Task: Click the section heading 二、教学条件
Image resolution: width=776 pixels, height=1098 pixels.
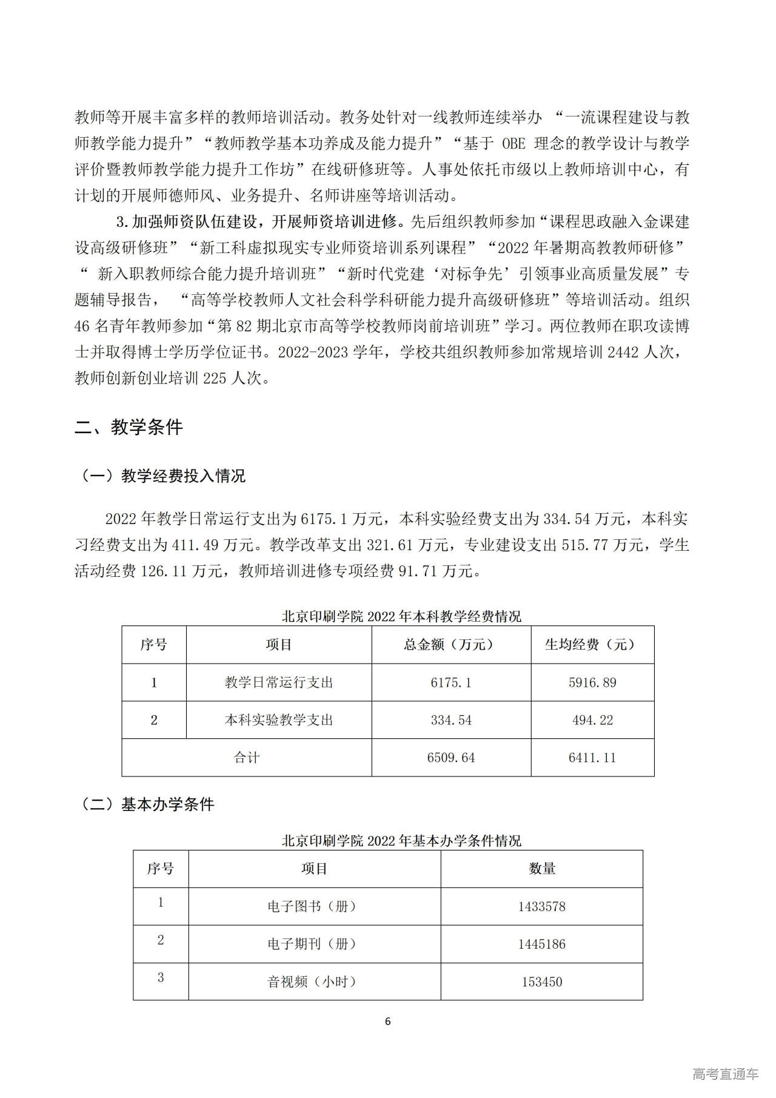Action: click(129, 428)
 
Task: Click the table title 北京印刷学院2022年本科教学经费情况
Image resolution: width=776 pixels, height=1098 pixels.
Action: click(401, 616)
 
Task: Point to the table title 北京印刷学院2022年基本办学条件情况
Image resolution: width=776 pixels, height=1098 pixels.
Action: click(401, 841)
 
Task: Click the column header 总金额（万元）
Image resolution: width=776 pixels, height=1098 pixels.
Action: click(450, 644)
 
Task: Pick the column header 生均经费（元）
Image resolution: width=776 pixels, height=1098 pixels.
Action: click(592, 644)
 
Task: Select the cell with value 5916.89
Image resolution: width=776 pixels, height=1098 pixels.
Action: click(592, 682)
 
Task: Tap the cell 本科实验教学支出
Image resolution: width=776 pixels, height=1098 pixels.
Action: click(279, 720)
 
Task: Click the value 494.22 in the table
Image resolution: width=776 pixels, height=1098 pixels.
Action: click(592, 720)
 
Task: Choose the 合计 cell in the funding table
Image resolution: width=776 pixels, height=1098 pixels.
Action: click(247, 758)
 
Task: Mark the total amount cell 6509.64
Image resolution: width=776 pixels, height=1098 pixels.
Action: click(450, 758)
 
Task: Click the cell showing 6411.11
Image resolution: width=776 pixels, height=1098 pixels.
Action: click(592, 758)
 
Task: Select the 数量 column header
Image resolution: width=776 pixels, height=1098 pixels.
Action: click(541, 869)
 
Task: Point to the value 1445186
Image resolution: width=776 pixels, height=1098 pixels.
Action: click(541, 944)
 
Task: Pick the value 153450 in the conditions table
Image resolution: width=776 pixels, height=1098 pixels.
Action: click(541, 982)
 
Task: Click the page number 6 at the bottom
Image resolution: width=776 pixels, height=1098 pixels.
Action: click(388, 1022)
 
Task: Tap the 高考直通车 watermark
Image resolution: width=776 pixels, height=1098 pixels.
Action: click(725, 1074)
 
